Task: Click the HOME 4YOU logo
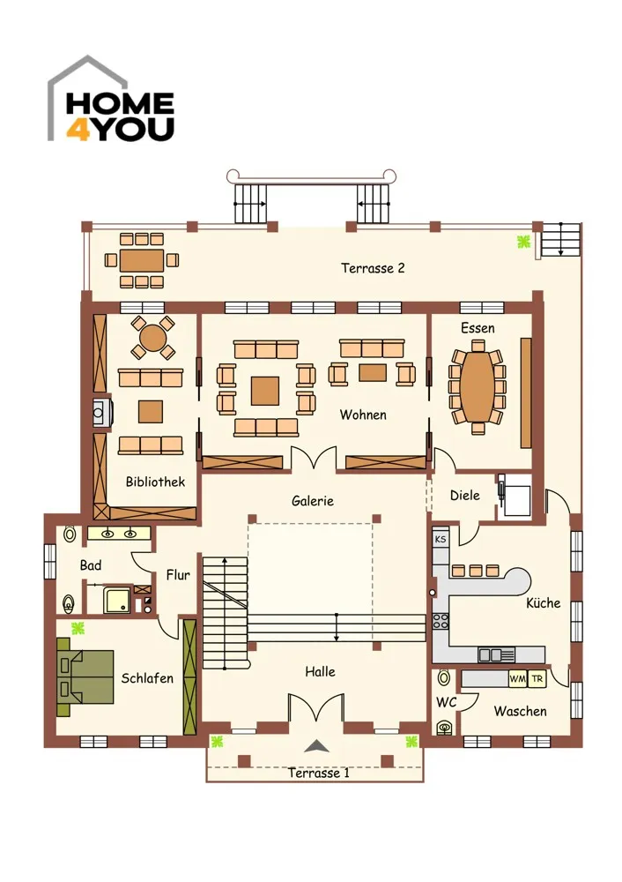tap(111, 99)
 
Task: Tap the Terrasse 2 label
tap(373, 268)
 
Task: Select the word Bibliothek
tap(155, 482)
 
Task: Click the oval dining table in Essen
tap(477, 386)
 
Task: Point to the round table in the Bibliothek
tap(152, 338)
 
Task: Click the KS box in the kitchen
tap(441, 539)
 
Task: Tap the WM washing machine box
tap(517, 679)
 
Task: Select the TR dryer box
tap(537, 679)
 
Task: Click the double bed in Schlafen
tap(85, 677)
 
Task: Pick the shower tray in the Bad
tap(117, 600)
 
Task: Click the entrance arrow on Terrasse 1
tap(316, 746)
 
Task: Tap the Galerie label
tap(313, 501)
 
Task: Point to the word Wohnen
tap(363, 415)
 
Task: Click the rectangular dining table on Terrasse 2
tap(142, 260)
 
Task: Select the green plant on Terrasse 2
tap(523, 242)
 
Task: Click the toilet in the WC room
tap(444, 728)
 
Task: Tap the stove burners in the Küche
tap(440, 621)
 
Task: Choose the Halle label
tap(320, 671)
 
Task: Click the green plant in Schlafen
tap(78, 628)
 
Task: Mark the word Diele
tap(464, 496)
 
